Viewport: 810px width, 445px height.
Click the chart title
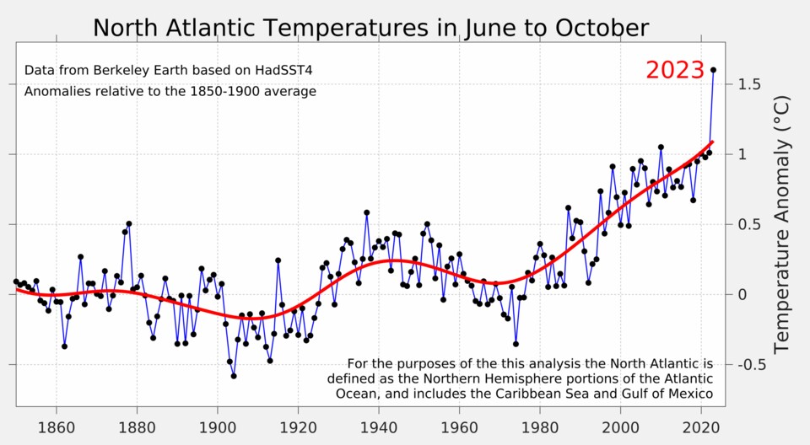click(370, 28)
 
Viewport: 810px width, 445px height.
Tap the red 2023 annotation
click(674, 70)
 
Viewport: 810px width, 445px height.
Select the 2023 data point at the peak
click(713, 70)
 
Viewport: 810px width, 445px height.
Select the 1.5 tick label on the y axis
click(750, 84)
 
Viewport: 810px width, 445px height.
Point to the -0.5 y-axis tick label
click(750, 365)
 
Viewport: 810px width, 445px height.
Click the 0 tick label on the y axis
click(742, 295)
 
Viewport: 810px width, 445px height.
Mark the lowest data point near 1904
click(234, 376)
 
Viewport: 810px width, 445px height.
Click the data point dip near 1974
click(516, 344)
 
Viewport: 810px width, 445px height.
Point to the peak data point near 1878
click(128, 223)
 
